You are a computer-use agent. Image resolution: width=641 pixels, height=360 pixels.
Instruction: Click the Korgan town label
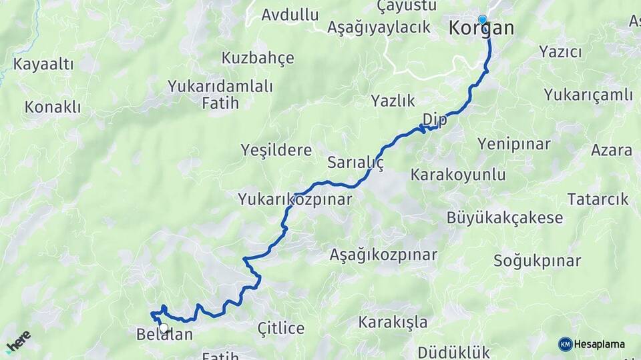point(481,29)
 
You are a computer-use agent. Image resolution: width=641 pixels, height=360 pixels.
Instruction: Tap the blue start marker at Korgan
point(483,20)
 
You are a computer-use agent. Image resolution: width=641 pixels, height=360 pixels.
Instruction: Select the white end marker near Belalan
point(164,327)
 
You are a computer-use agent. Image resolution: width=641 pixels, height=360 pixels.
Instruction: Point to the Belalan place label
point(164,335)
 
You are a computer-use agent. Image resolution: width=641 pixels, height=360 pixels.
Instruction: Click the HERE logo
point(18,341)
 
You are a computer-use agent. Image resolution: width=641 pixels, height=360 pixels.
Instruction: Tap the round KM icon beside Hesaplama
point(565,344)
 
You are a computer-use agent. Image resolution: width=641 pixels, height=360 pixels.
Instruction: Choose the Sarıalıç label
point(355,163)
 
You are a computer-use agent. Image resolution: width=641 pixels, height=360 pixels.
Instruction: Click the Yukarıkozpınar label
point(294,199)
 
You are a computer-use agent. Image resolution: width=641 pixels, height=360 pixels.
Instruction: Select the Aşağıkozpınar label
point(383,255)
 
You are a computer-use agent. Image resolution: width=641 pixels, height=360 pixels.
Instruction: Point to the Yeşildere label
point(276,150)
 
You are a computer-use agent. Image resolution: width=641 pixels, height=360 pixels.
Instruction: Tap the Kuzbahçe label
point(258,58)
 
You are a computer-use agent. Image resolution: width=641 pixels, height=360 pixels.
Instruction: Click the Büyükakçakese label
point(505,218)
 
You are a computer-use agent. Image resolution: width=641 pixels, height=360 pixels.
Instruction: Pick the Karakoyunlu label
point(458,175)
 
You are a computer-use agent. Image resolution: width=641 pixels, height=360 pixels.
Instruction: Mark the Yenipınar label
point(514,143)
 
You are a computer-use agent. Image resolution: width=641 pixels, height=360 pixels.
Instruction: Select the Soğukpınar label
point(537,261)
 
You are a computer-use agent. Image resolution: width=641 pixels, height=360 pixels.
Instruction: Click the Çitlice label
point(281,328)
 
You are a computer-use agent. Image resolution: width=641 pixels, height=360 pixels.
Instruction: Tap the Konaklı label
point(53,107)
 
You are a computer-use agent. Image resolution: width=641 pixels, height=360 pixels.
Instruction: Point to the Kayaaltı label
point(43,65)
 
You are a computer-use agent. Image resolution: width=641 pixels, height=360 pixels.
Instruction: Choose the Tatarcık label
point(598,199)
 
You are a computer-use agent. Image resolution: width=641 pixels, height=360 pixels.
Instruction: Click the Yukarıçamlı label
point(588,95)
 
